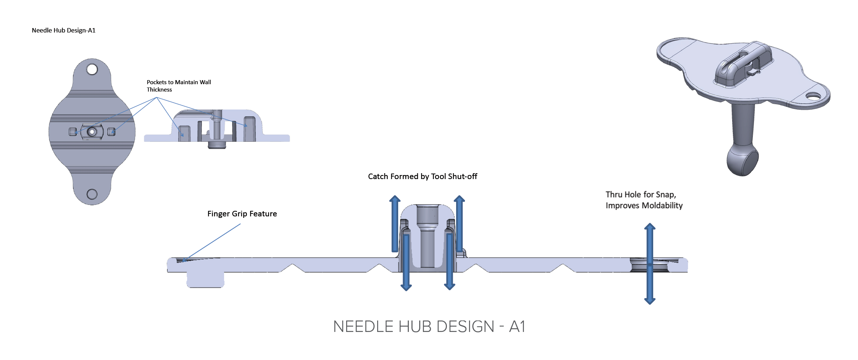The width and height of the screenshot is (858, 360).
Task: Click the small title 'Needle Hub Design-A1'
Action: tap(63, 30)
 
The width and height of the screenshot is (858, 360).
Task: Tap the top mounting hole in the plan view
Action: tap(92, 69)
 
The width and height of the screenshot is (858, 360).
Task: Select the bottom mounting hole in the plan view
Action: tap(92, 194)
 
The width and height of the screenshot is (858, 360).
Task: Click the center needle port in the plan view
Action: tap(92, 131)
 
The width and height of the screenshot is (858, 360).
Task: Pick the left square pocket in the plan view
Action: tap(73, 132)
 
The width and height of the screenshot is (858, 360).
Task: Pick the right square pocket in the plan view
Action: tap(111, 132)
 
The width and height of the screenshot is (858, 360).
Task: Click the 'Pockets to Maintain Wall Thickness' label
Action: tap(179, 86)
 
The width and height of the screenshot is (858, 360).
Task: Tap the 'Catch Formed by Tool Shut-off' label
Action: tap(423, 176)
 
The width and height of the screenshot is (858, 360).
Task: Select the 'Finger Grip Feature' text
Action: tap(242, 214)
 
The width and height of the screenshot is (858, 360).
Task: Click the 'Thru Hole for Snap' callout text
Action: tap(641, 195)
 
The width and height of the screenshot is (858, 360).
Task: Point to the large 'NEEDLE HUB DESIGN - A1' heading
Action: tap(429, 327)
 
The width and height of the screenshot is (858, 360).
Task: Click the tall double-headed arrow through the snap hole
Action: tap(650, 264)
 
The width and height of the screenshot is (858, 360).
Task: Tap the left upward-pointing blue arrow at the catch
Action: tap(395, 224)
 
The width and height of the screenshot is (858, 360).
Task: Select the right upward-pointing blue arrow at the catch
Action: tap(459, 224)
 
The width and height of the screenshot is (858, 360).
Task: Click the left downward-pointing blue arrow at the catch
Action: tap(406, 263)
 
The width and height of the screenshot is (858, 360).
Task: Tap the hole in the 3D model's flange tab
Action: tap(813, 97)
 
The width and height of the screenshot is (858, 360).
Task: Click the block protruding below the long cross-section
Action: tap(206, 280)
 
